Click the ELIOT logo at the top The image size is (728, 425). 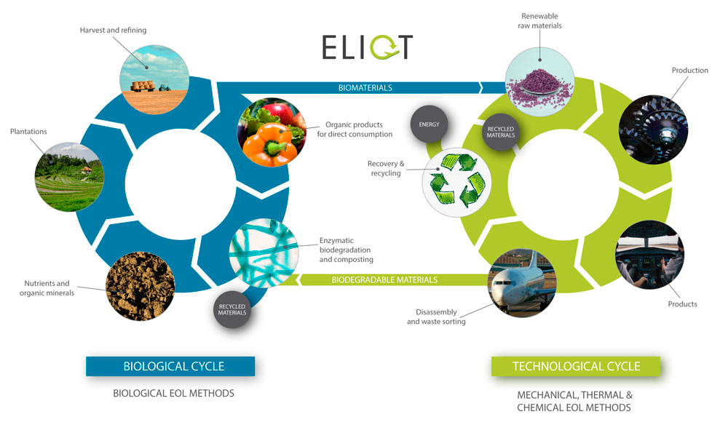(368, 47)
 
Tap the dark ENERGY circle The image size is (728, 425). (429, 124)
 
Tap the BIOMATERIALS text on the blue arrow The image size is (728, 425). (365, 87)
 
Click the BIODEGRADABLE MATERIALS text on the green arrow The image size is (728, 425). (384, 279)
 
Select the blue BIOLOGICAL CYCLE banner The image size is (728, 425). (170, 366)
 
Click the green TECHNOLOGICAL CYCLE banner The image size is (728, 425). (576, 366)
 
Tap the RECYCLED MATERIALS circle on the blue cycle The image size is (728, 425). (233, 309)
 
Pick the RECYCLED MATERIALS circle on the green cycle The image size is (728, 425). (500, 131)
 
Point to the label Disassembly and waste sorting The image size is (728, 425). (436, 317)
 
